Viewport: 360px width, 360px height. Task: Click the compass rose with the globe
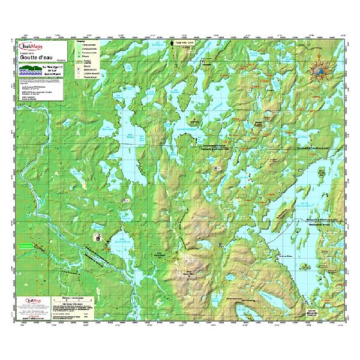tap(319, 71)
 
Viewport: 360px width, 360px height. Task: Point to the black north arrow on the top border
tap(173, 44)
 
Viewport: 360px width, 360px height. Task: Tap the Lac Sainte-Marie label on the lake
tap(116, 241)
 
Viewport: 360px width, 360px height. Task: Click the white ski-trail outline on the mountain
tap(187, 260)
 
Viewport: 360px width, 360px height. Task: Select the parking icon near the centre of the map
tap(213, 170)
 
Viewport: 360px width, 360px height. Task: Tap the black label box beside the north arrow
tap(188, 44)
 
